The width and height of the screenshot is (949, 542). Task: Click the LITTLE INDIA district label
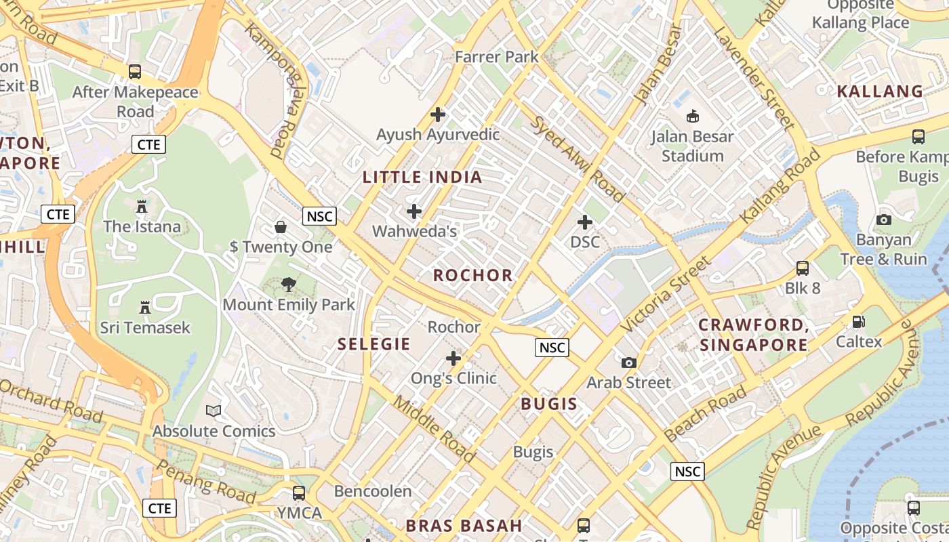(x=422, y=178)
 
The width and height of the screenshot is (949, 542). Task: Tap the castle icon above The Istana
(x=142, y=206)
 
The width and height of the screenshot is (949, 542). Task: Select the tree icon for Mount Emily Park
(x=289, y=285)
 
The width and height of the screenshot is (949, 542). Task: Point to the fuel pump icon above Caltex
(x=859, y=321)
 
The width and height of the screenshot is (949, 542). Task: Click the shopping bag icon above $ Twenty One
(x=281, y=226)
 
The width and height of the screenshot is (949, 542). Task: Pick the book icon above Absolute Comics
(x=214, y=411)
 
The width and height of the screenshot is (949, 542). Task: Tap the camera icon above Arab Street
(x=629, y=362)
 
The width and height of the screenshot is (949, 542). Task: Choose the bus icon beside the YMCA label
(x=299, y=493)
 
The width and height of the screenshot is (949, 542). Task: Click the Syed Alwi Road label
(x=576, y=160)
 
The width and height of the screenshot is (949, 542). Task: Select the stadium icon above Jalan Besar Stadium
(x=692, y=117)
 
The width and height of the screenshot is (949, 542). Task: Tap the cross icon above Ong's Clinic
(x=453, y=358)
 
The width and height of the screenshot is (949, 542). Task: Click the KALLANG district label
(x=880, y=91)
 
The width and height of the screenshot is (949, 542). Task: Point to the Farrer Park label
(x=497, y=57)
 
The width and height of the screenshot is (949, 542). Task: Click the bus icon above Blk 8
(x=803, y=268)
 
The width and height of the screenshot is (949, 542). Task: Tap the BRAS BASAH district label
(x=464, y=526)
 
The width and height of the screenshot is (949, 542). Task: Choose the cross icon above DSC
(x=584, y=222)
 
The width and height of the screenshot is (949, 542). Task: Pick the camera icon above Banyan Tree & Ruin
(x=883, y=220)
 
